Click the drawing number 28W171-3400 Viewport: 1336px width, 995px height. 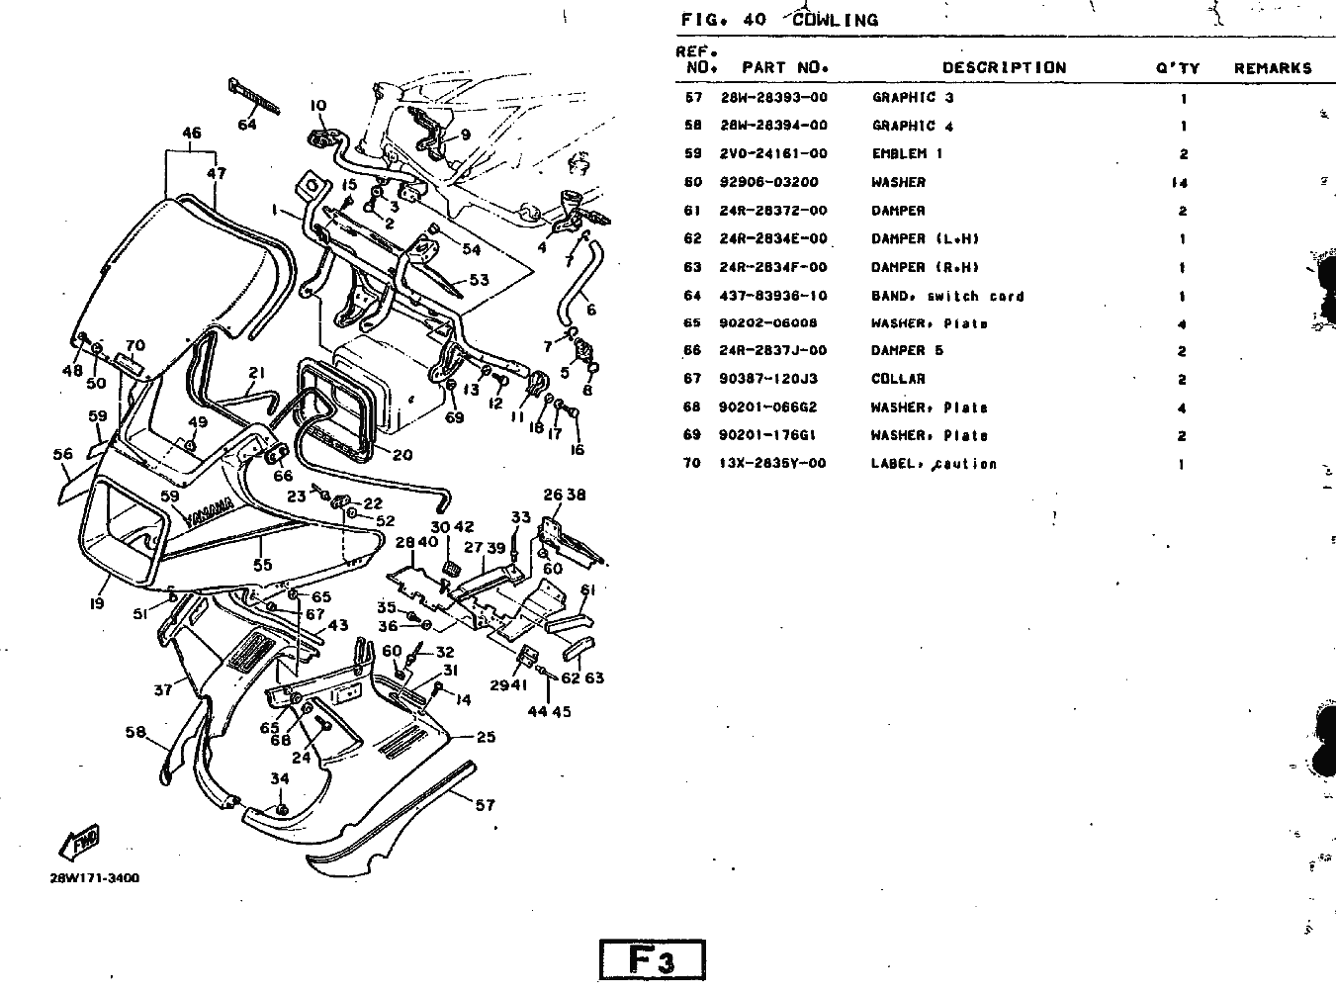point(94,877)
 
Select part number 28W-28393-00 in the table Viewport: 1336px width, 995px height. point(773,98)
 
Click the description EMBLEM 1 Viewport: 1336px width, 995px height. point(907,154)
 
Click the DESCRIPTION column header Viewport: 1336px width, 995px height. point(1004,68)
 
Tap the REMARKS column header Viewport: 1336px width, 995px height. point(1273,68)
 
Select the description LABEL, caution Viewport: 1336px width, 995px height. point(933,464)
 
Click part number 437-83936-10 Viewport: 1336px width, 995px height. point(773,296)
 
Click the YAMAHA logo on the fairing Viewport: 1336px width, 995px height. point(211,512)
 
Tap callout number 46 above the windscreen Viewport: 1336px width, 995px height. point(192,134)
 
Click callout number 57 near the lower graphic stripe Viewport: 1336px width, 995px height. point(485,805)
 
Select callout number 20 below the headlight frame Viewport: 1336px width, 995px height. point(402,455)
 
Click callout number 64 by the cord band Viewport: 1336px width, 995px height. point(247,125)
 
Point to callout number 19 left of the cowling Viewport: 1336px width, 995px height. point(97,601)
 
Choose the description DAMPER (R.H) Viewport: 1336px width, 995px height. point(925,267)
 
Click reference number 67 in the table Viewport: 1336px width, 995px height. point(692,379)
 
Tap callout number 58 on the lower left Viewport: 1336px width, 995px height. point(135,733)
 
